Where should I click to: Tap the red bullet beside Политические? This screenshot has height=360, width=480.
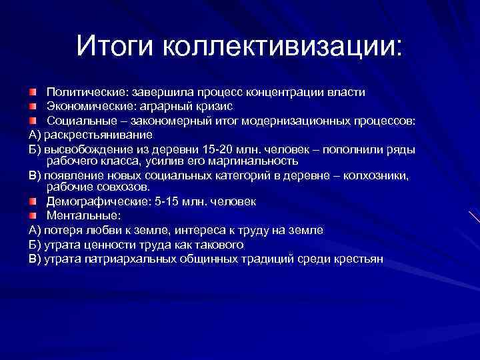coord(33,91)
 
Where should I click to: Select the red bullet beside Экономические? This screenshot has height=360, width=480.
coord(33,105)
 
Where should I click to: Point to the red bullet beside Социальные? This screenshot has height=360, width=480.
coord(33,120)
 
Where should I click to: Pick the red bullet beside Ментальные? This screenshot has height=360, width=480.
coord(33,215)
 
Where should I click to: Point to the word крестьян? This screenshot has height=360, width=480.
coord(358,259)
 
